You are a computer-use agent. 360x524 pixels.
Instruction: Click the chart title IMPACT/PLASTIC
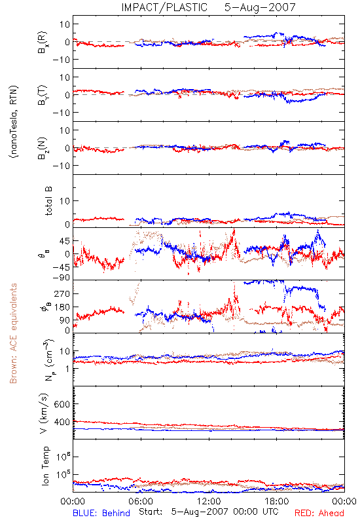pos(164,7)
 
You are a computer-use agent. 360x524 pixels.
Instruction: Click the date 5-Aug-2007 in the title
pos(260,7)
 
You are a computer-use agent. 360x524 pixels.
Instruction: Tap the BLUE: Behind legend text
pos(101,513)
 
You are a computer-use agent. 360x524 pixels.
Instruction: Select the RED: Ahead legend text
pos(319,513)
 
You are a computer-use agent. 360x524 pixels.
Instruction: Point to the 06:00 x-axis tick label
pos(141,501)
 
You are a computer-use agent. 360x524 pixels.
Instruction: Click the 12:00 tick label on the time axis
pos(209,501)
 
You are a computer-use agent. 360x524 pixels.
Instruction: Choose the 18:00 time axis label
pos(276,501)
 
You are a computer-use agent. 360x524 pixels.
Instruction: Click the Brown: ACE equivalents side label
pos(13,333)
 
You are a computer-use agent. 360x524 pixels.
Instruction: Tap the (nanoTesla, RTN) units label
pos(14,122)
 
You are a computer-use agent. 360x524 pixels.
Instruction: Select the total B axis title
pos(48,201)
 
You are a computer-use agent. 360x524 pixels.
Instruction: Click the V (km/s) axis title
pos(44,413)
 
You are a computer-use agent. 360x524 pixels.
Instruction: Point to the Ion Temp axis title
pos(45,466)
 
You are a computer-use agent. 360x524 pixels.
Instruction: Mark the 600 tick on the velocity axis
pos(62,404)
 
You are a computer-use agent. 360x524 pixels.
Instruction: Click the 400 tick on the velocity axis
pos(62,422)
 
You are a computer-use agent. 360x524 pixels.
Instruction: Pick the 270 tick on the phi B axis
pos(62,293)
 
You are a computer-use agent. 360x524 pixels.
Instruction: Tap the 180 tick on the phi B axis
pos(62,307)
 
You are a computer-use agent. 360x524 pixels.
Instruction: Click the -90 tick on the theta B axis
pos(61,278)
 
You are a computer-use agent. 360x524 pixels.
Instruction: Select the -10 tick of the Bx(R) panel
pos(61,60)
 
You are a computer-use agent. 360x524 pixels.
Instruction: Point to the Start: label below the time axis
pos(151,512)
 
